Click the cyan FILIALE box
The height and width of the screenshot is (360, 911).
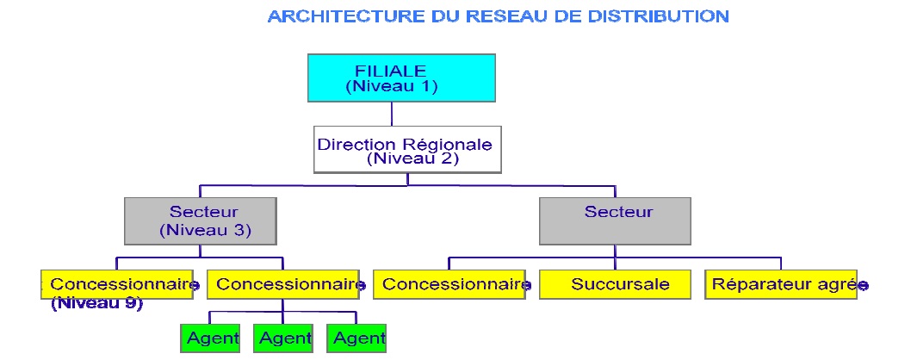click(401, 78)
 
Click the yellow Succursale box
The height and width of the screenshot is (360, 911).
click(616, 285)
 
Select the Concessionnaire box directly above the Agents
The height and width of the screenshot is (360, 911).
click(284, 285)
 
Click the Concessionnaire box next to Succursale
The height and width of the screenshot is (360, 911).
click(451, 285)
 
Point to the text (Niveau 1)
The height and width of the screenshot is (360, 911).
click(392, 86)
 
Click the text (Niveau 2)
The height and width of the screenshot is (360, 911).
click(412, 158)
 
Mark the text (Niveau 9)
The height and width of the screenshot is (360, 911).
click(96, 303)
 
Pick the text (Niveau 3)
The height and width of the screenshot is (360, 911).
click(204, 230)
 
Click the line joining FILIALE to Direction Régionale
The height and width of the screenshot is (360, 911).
click(393, 114)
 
